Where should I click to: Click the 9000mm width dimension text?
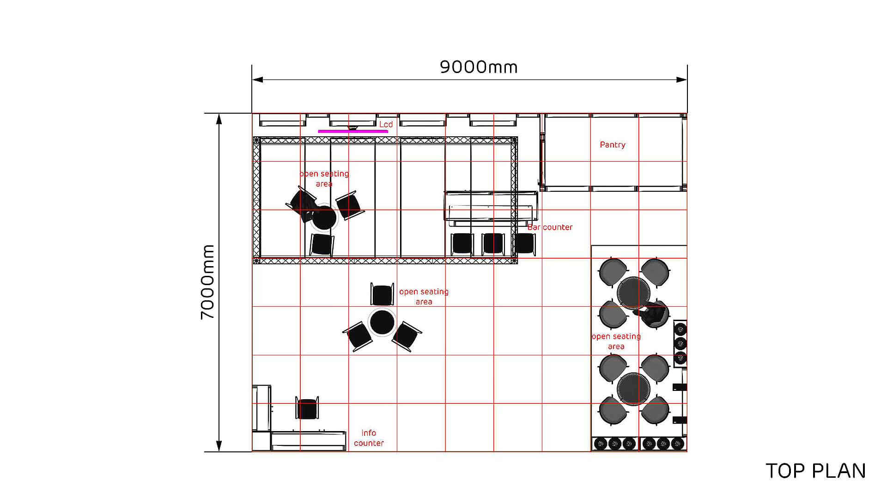(479, 67)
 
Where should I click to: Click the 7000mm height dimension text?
(208, 282)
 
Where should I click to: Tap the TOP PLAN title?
(816, 471)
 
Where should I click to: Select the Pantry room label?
(613, 145)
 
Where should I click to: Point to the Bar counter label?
(550, 227)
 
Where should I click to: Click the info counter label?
(369, 438)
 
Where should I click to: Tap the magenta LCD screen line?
(353, 131)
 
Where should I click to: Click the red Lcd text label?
(386, 124)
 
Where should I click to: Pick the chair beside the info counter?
(307, 408)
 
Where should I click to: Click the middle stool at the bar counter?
(493, 243)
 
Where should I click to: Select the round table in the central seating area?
(382, 322)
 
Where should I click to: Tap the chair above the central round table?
(382, 294)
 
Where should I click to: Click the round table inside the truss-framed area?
(324, 218)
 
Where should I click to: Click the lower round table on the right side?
(633, 389)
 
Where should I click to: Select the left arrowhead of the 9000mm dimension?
(257, 79)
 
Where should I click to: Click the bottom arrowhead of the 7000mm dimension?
(219, 446)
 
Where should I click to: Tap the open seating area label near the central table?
(424, 297)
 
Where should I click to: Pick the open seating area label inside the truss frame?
(324, 179)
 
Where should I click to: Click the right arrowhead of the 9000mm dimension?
(682, 79)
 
